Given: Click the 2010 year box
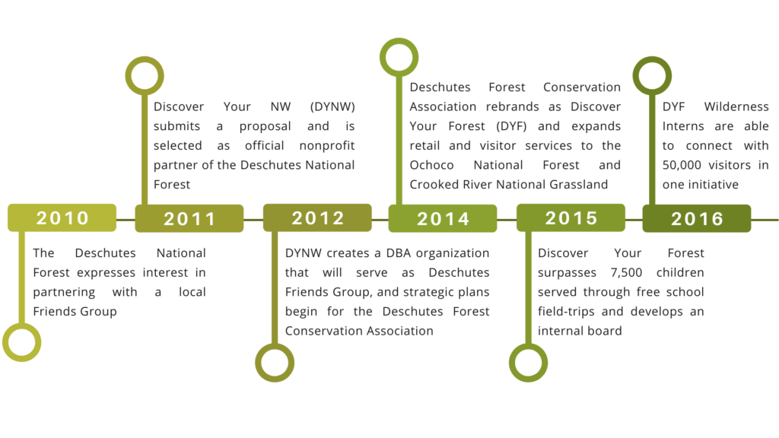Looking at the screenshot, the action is pos(62,217).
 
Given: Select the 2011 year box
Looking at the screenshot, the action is pos(189,218).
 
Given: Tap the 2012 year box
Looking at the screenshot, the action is pos(317,217).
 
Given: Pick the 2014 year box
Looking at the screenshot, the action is pos(443,218).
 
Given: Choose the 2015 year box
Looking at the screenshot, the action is pos(571,217).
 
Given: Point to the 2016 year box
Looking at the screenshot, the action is pos(697,218).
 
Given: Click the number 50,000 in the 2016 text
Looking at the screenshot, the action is pos(682,165).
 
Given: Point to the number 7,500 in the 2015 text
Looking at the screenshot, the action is pos(627,273).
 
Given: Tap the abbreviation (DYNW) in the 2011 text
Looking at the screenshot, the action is pos(332,107).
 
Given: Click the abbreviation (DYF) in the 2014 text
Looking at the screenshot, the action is pos(511,127).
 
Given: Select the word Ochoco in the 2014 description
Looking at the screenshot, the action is pos(432,165).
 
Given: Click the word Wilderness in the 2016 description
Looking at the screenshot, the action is pos(736,106).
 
